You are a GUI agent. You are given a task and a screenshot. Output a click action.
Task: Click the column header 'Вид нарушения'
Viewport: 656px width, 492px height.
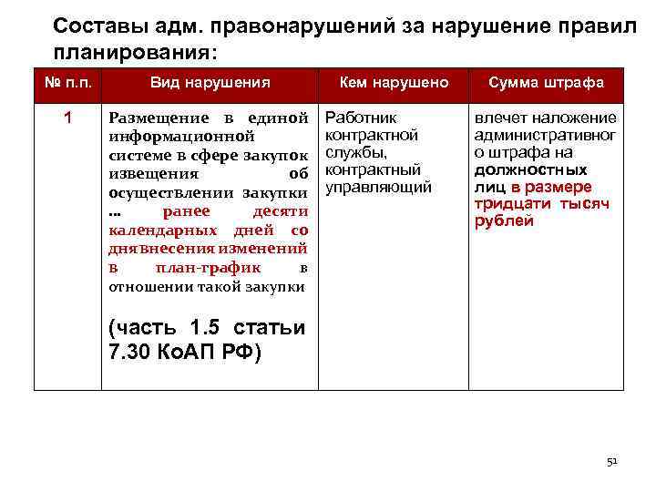click(x=210, y=83)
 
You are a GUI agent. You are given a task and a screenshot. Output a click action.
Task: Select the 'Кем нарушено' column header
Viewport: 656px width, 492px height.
click(x=394, y=83)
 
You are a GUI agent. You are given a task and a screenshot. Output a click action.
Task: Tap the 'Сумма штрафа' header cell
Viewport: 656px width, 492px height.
click(x=546, y=83)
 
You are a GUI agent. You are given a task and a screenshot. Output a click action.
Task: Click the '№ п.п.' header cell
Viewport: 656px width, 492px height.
click(x=67, y=83)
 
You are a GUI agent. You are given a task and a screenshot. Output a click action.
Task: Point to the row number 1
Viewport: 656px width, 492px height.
click(x=67, y=118)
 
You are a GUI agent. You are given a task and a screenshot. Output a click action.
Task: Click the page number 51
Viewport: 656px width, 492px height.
click(x=612, y=462)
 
